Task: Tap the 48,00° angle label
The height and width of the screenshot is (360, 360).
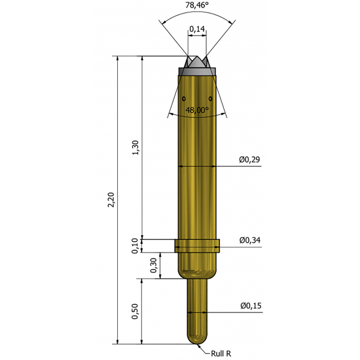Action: [196, 110]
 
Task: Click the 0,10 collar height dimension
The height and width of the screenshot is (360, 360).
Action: [135, 246]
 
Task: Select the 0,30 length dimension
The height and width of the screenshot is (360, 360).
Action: [153, 265]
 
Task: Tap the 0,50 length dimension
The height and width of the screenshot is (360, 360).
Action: [135, 312]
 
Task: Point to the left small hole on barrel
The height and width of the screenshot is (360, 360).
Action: [183, 98]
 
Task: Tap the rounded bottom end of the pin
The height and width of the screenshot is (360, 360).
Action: [197, 339]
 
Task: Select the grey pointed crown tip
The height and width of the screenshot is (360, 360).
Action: [196, 62]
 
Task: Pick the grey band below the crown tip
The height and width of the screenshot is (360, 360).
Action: [197, 71]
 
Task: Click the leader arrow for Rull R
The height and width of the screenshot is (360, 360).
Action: [203, 346]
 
